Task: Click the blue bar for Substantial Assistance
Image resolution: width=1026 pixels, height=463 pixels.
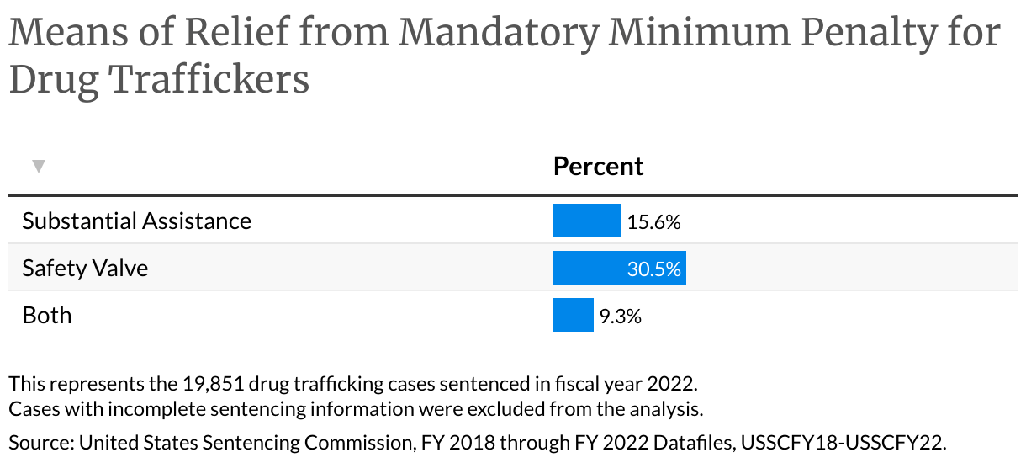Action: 586,221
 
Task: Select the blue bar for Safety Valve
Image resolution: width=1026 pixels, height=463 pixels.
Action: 619,268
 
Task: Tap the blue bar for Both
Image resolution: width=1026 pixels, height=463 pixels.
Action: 573,316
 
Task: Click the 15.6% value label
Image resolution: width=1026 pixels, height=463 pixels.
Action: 653,222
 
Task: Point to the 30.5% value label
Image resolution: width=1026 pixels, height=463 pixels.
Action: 653,269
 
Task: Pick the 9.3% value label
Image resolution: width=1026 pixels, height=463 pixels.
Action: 620,317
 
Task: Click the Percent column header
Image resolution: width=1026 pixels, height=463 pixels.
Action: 598,166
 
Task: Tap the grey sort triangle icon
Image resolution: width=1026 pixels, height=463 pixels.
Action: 38,167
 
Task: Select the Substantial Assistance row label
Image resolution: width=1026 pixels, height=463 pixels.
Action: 136,221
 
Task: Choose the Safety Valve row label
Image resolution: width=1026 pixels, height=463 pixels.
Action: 85,268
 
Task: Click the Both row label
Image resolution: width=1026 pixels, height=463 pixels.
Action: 47,316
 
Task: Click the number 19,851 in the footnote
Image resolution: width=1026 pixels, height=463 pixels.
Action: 214,385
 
